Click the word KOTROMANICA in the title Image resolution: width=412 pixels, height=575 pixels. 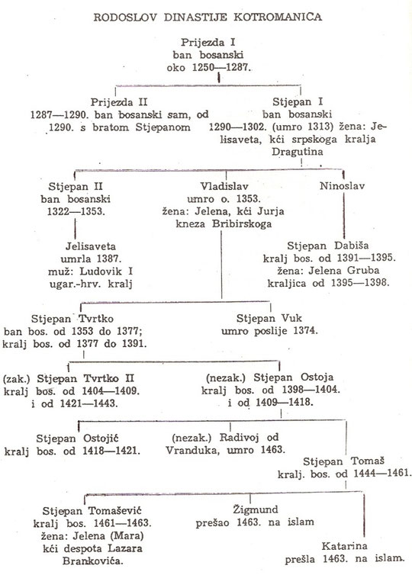pos(278,17)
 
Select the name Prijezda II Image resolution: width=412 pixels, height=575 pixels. pos(119,102)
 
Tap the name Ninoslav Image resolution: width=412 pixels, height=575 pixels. pos(343,186)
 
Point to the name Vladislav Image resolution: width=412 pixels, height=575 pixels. pos(224,186)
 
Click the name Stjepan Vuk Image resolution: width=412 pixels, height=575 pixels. pos(269,318)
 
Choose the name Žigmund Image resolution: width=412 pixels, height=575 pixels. pos(256,509)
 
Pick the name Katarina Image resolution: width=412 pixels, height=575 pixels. pos(344,546)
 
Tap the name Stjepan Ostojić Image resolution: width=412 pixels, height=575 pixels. pos(77,438)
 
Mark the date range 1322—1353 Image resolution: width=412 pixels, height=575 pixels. pos(76,211)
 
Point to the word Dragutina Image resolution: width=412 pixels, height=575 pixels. pos(297,152)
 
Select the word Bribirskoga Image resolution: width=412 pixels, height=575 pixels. pos(242,224)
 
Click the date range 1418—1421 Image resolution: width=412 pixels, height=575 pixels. pos(111,451)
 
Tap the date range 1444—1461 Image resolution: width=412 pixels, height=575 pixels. pos(381,473)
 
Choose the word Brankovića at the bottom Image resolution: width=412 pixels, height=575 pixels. pos(93,561)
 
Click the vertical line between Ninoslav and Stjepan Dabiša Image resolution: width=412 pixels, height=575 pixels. pos(344,215)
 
